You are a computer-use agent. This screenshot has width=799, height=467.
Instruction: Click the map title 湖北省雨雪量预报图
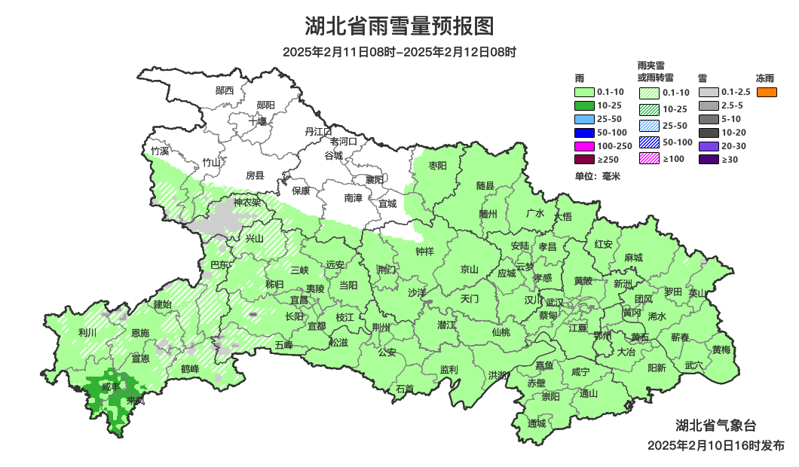[x=399, y=26]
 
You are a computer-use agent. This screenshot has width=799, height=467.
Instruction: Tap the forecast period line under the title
[x=399, y=53]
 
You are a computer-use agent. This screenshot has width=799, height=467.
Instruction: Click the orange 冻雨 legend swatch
[x=767, y=93]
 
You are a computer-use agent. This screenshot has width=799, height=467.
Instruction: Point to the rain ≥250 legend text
[x=608, y=160]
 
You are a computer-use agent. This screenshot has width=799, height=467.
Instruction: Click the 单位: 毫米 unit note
[x=596, y=176]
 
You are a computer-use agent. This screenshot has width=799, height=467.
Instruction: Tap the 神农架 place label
[x=246, y=203]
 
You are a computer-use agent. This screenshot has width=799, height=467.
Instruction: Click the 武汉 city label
[x=556, y=301]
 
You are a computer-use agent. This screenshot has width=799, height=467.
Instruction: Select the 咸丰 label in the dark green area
[x=111, y=386]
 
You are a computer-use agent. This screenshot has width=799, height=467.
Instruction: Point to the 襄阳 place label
[x=374, y=179]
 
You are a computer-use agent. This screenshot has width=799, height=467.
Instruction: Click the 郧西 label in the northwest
[x=224, y=90]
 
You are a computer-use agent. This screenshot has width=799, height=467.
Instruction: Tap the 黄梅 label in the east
[x=721, y=349]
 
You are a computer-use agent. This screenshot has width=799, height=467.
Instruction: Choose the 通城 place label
[x=536, y=423]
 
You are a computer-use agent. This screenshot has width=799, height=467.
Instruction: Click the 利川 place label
[x=87, y=332]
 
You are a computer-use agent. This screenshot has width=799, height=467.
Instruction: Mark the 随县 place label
[x=485, y=185]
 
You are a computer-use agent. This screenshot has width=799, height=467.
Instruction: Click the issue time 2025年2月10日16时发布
[x=715, y=445]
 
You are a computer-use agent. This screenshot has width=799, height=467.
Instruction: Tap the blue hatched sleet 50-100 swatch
[x=650, y=142]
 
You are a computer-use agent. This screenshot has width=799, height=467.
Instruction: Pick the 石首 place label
[x=405, y=389]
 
